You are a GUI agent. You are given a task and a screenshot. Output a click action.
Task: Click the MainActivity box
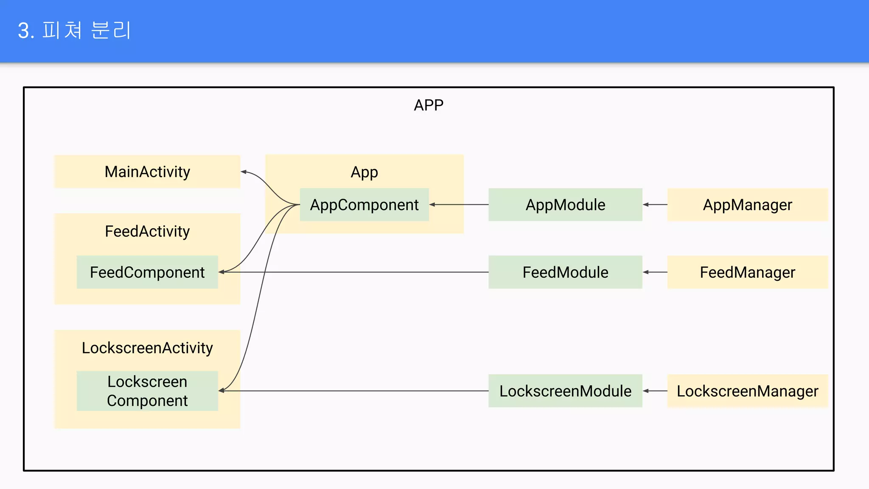coord(147,172)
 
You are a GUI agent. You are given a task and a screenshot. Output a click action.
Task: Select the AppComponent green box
coord(364,205)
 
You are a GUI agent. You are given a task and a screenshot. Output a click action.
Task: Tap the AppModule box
coord(565,205)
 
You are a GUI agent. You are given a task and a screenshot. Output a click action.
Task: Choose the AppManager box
coord(747,205)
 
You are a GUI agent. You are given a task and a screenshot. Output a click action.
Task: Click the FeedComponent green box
coord(147,272)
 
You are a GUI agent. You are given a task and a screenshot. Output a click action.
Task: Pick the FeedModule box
coord(565,272)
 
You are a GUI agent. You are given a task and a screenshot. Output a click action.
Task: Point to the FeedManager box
coord(747,272)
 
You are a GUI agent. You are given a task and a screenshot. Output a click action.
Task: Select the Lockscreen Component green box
coord(147,391)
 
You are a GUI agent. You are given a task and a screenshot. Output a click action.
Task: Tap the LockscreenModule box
coord(565,391)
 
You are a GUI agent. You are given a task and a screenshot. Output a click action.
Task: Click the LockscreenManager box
coord(747,391)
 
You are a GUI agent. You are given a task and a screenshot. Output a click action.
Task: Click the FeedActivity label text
coord(147,231)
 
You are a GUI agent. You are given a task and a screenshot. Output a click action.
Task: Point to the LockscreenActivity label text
coord(147,348)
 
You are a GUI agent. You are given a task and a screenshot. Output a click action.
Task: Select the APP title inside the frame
coord(429,105)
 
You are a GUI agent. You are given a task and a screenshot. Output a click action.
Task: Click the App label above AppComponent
coord(364,172)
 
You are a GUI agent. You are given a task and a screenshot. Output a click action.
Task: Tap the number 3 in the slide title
coord(24,31)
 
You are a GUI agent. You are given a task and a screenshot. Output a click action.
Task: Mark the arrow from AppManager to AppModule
coord(655,205)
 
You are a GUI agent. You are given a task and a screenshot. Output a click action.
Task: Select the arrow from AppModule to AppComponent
coord(458,205)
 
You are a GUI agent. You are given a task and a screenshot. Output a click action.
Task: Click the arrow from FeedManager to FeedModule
coord(655,272)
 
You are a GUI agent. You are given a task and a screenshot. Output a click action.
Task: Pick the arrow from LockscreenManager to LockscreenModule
coord(655,391)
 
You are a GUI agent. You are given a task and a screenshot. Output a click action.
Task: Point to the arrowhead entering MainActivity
coord(244,172)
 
